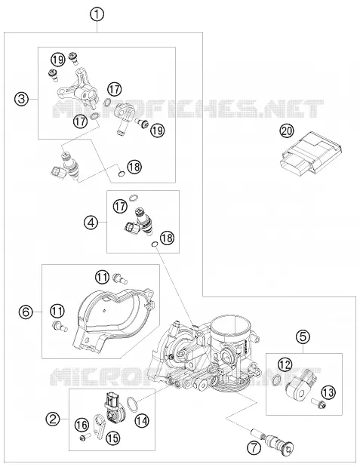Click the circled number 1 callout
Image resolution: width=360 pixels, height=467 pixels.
point(97,15)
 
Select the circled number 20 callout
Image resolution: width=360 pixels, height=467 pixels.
point(286,131)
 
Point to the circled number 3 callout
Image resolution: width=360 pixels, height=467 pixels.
point(22,99)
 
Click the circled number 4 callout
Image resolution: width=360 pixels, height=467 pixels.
point(91,222)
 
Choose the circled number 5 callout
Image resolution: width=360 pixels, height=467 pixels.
point(303,336)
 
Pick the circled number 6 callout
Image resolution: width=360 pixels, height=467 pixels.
point(26,312)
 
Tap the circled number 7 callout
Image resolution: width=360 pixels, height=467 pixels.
point(254,447)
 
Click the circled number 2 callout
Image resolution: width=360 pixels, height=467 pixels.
point(53,419)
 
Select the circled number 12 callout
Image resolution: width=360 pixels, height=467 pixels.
point(285,364)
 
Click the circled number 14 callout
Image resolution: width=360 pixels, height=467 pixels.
point(142,420)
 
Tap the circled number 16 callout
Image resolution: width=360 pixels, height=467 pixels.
point(82,425)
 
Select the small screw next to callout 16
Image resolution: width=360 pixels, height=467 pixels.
point(85,437)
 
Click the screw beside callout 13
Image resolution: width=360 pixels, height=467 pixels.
point(319,403)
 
